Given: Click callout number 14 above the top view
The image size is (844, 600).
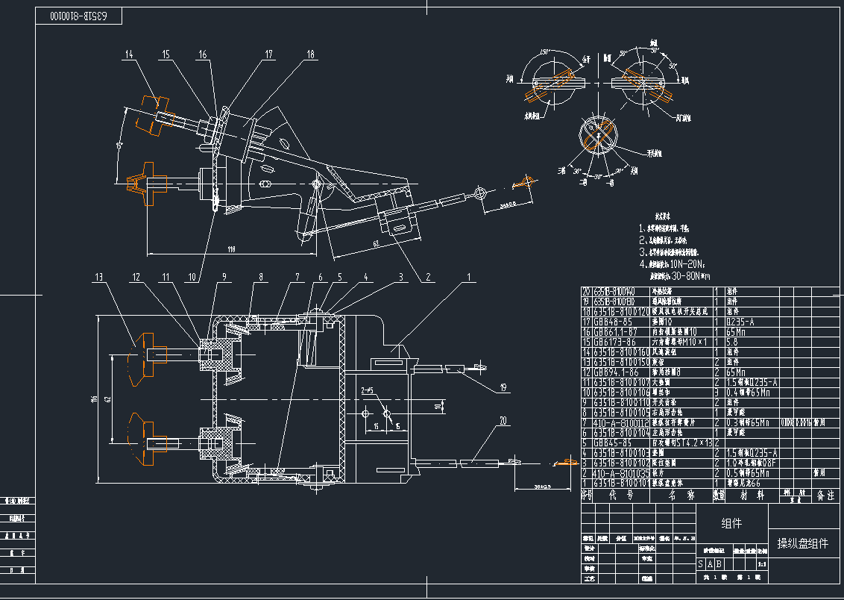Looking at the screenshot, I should tap(130, 54).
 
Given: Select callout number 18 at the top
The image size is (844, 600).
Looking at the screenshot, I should tap(310, 54).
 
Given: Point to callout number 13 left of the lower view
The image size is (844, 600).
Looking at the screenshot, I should tap(99, 277).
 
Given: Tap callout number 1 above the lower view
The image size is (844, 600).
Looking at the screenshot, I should tap(469, 277).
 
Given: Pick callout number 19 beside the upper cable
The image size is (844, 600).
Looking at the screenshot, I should tap(503, 387).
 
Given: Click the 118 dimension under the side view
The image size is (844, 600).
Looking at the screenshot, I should tap(231, 249).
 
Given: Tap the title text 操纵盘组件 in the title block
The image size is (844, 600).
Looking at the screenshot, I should tap(802, 543).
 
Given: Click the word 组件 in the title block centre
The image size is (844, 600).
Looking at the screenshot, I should tap(732, 524).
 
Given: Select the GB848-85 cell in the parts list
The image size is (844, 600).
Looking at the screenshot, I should tap(611, 322).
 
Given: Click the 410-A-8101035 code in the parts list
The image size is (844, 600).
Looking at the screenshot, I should tap(618, 472).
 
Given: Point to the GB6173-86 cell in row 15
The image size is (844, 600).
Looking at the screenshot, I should tap(613, 341).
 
